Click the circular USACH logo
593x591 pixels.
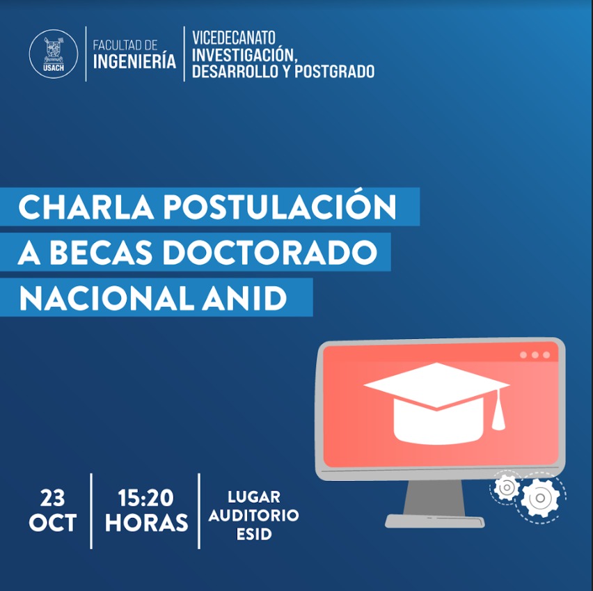click(54, 54)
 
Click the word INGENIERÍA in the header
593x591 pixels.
click(134, 61)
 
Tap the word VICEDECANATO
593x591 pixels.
click(234, 38)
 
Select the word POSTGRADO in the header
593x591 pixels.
click(334, 72)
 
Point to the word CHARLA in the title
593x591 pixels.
click(86, 207)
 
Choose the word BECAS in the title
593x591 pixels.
click(101, 253)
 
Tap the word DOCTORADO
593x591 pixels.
click(270, 253)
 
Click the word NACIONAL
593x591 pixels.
click(110, 298)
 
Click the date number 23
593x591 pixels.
click(53, 498)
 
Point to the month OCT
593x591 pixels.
click(53, 523)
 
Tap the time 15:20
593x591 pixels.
click(145, 498)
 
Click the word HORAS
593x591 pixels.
click(146, 523)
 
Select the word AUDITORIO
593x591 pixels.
click(253, 515)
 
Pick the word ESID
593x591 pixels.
click(254, 534)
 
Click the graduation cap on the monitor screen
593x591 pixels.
click(437, 403)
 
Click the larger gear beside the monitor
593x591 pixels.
click(540, 498)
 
